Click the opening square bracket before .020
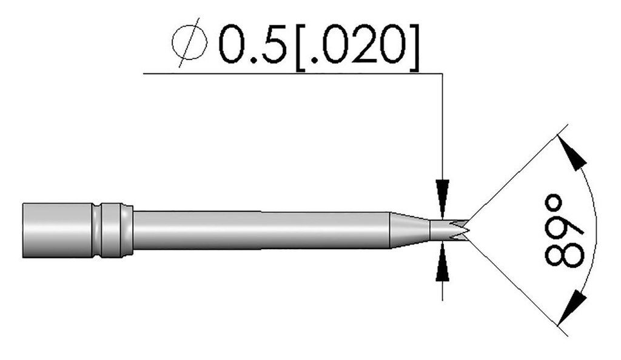pyautogui.click(x=301, y=47)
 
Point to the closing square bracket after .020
pyautogui.click(x=413, y=47)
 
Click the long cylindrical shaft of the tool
pyautogui.click(x=261, y=228)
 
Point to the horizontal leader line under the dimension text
pyautogui.click(x=291, y=73)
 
